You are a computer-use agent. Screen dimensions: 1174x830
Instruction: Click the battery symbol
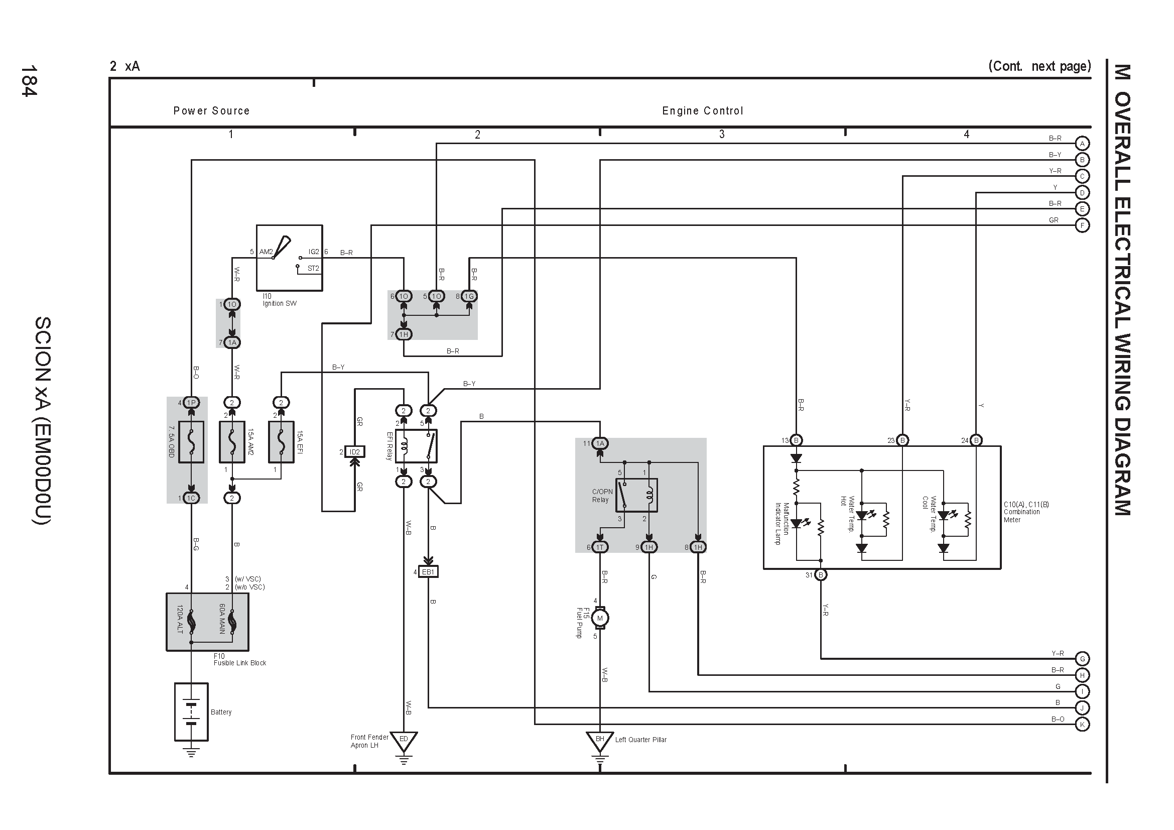coord(191,712)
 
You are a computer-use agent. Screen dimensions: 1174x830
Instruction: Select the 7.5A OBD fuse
coord(191,442)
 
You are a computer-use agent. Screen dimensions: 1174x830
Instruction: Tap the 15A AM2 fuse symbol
coord(231,442)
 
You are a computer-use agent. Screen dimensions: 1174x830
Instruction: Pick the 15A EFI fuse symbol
coord(281,442)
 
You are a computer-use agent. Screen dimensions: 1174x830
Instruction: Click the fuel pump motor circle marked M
coord(600,618)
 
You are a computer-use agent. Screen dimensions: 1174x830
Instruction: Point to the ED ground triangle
coord(404,741)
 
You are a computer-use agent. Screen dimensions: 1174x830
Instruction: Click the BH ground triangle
coord(600,741)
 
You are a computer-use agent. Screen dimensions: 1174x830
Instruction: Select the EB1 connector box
coord(428,572)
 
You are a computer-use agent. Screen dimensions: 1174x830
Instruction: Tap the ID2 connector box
coord(354,451)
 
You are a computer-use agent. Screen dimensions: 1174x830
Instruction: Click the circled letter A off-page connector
coord(1082,143)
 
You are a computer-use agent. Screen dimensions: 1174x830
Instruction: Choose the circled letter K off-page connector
coord(1082,724)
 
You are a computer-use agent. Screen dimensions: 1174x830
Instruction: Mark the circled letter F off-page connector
coord(1082,225)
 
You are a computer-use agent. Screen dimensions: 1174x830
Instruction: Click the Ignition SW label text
coord(280,303)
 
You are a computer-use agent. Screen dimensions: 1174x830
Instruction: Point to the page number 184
coord(29,81)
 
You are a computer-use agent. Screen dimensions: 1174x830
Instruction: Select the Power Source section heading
coord(211,110)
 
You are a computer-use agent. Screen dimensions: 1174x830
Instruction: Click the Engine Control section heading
coord(703,111)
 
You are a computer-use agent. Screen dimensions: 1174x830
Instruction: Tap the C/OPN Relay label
coord(602,496)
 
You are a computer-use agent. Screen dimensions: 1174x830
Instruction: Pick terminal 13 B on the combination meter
coord(796,440)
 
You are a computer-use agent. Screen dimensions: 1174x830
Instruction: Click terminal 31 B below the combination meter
coord(821,575)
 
